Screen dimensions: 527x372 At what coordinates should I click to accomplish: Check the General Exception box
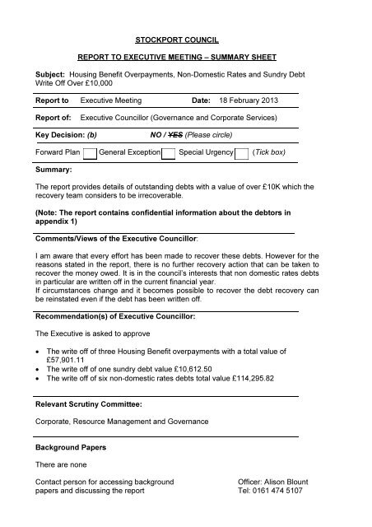(168, 153)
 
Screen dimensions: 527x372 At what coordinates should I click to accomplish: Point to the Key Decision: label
(59, 135)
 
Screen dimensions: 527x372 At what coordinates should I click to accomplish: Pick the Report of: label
(53, 117)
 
